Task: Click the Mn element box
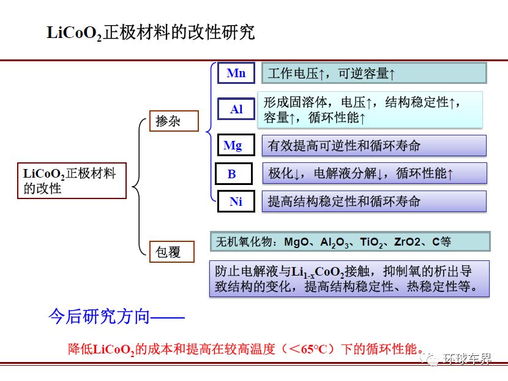236,73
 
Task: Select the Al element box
236,109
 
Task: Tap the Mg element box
236,145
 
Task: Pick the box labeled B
234,174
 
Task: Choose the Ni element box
236,202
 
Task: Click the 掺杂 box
174,121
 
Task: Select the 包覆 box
172,252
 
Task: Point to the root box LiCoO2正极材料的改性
72,181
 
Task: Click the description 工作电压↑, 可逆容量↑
374,74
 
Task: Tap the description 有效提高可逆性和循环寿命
374,146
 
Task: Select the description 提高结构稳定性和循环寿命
374,202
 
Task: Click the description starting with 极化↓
375,173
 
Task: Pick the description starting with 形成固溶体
370,110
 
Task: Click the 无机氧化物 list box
350,241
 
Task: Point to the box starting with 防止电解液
349,279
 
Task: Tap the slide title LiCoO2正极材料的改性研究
151,32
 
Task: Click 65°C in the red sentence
314,349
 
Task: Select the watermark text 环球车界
467,358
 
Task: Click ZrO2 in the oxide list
407,242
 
